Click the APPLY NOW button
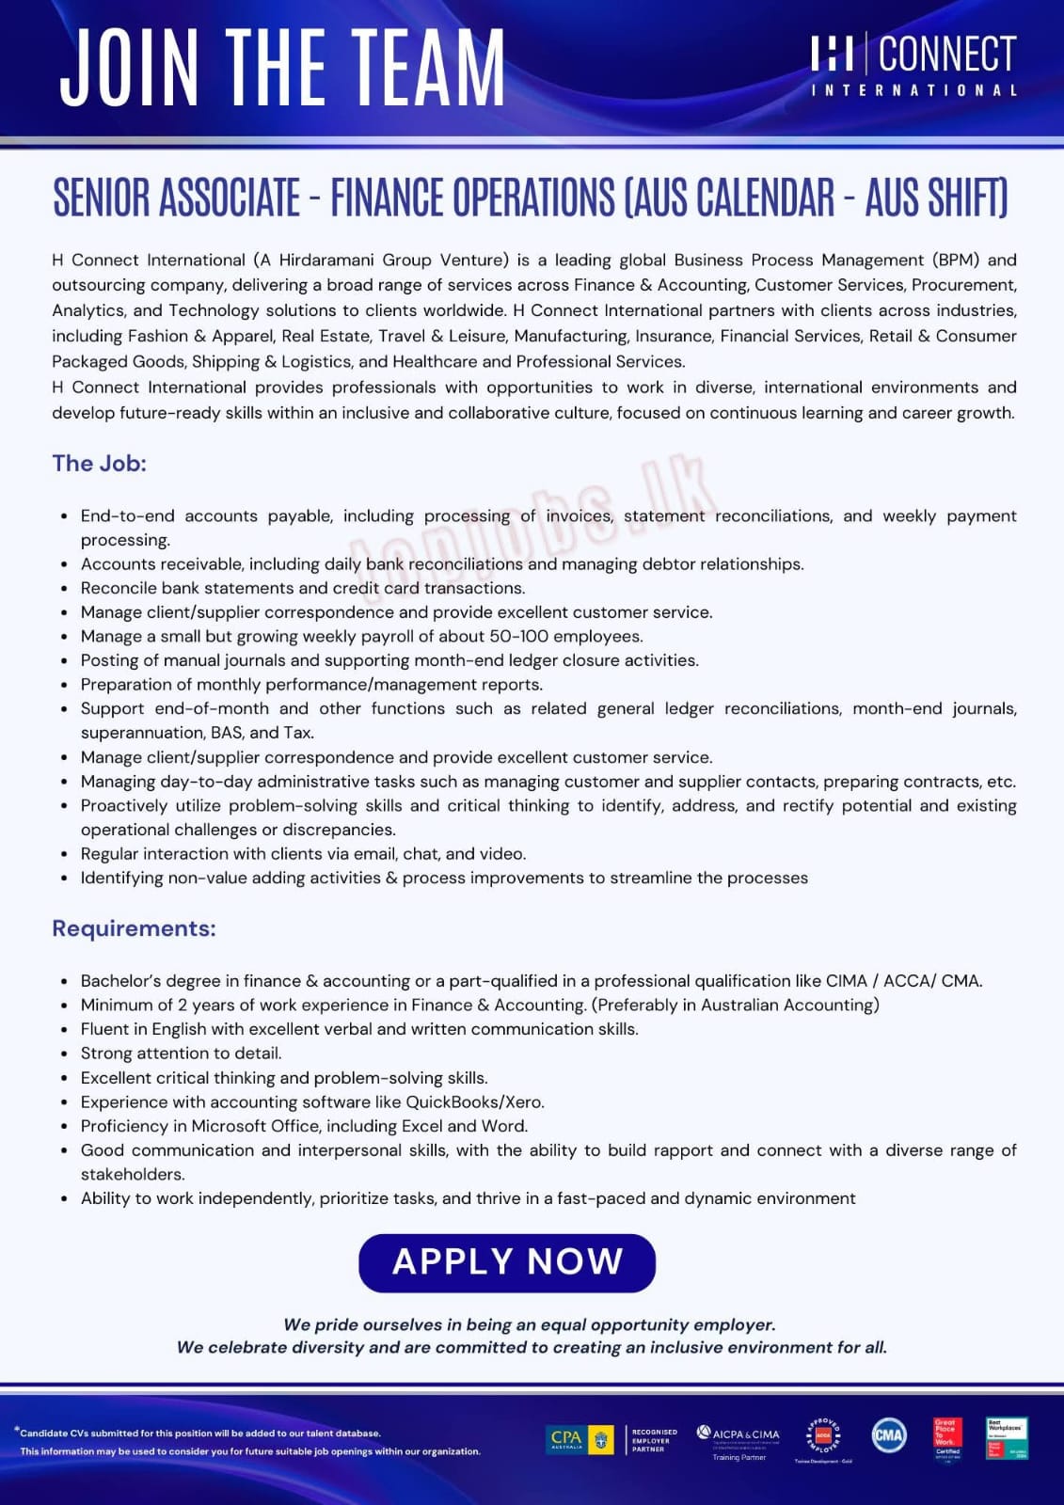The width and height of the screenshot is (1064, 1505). pyautogui.click(x=506, y=1262)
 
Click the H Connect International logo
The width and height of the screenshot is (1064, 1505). pyautogui.click(x=913, y=64)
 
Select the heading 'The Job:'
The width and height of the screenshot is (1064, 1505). pyautogui.click(x=99, y=463)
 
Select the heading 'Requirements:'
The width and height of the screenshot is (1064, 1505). pyautogui.click(x=134, y=928)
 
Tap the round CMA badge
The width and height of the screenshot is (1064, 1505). pyautogui.click(x=888, y=1435)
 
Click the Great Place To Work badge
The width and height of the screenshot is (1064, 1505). pyautogui.click(x=947, y=1438)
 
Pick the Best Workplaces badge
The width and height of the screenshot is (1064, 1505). pyautogui.click(x=1006, y=1438)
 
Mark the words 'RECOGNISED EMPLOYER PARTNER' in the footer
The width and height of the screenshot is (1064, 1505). pyautogui.click(x=654, y=1440)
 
